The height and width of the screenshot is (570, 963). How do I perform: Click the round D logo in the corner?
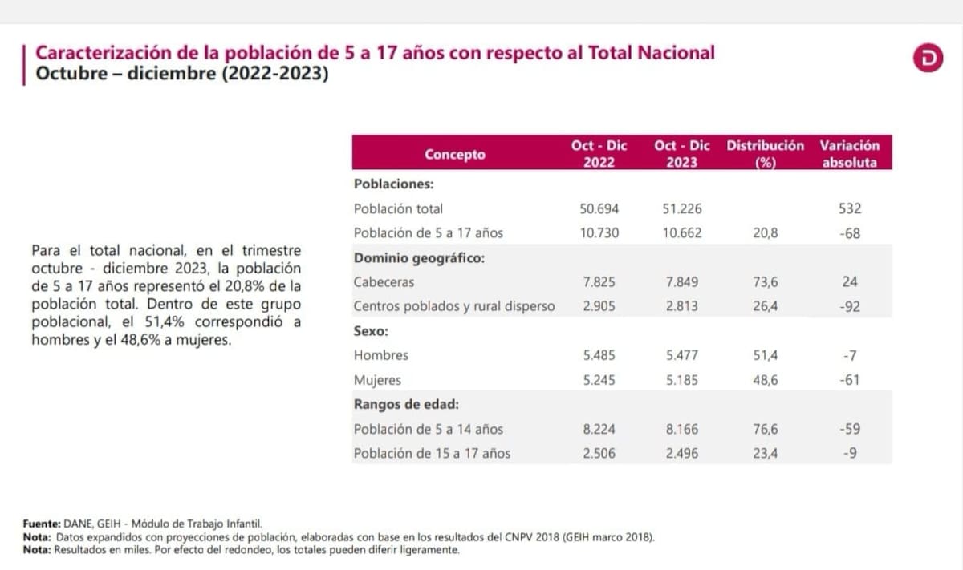coord(928,59)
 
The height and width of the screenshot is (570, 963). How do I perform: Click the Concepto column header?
coord(455,154)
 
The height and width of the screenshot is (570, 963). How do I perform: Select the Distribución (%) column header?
coord(765,153)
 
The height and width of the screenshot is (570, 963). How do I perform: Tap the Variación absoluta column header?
coord(850,153)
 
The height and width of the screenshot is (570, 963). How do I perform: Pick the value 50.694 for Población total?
coord(599,208)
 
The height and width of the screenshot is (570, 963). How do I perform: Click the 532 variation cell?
coord(850,208)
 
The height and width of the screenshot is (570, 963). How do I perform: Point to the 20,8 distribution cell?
coord(764,232)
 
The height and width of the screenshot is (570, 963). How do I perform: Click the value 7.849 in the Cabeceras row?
coord(682,281)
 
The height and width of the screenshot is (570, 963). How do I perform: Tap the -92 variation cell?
coord(850,305)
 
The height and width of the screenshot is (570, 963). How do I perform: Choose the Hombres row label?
coord(380,354)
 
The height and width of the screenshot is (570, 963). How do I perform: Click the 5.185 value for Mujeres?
coord(682,379)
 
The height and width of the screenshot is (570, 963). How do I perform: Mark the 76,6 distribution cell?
coord(764,429)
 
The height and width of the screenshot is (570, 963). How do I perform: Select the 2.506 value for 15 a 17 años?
coord(599,453)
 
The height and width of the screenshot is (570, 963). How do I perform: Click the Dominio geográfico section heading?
coord(419,257)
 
